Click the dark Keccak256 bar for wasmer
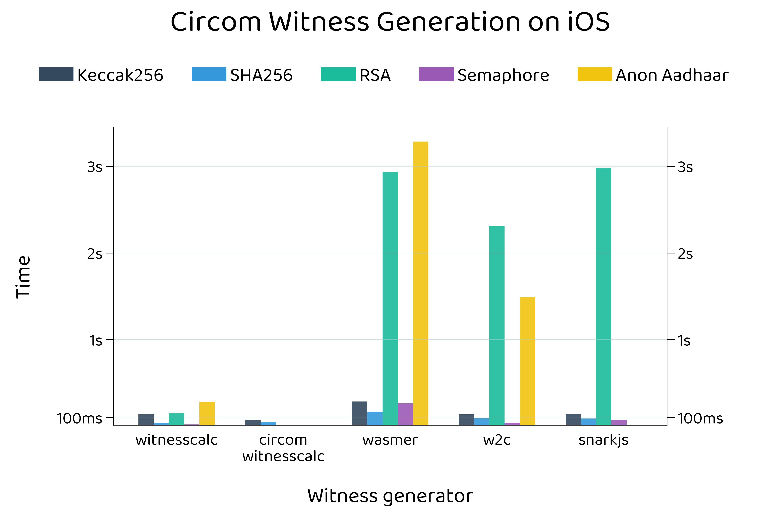[359, 413]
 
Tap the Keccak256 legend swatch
[56, 74]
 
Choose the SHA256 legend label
[261, 75]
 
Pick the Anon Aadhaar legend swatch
[594, 74]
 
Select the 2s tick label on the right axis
[685, 254]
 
